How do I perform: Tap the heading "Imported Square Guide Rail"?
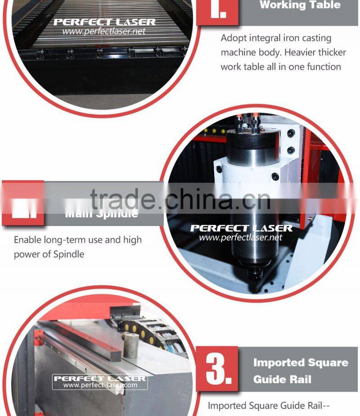(300, 371)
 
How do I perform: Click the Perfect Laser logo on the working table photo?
(104, 22)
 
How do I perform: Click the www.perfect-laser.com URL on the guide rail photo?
(99, 385)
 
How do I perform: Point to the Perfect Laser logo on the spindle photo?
(241, 228)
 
